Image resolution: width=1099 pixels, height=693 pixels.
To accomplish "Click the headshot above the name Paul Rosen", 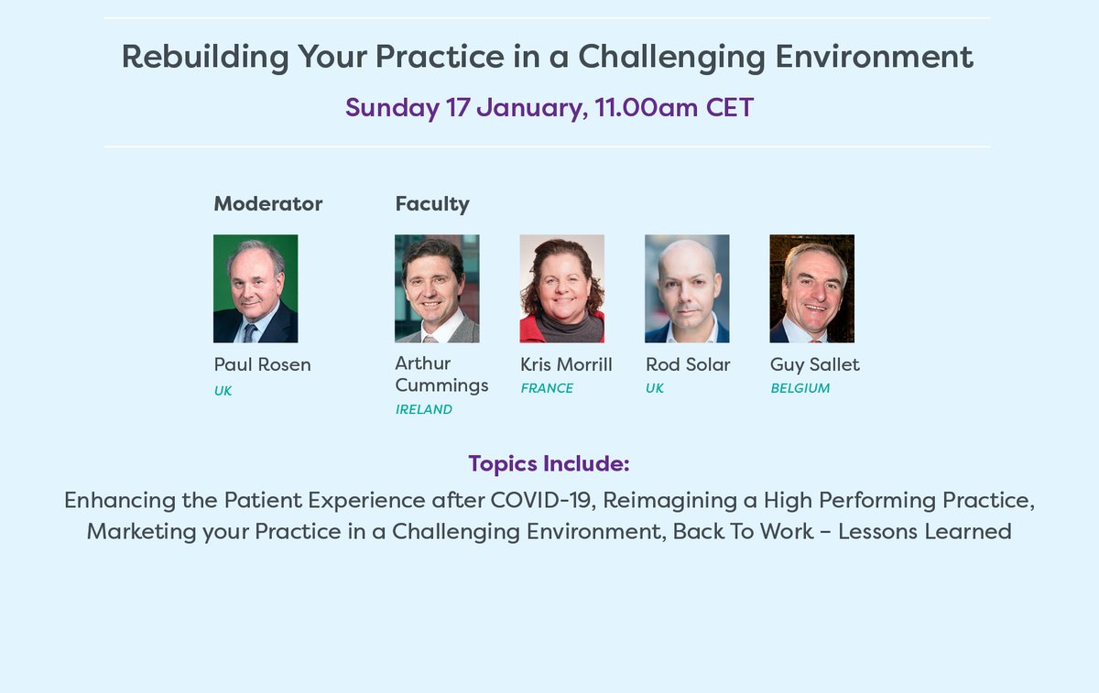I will [256, 288].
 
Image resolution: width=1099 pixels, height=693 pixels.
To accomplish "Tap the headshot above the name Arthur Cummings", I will [437, 288].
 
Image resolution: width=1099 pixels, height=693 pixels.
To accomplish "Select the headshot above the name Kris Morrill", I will [561, 288].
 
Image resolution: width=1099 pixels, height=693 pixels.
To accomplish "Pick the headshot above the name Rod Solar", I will [687, 288].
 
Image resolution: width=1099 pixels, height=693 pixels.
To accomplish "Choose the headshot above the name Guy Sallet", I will [811, 288].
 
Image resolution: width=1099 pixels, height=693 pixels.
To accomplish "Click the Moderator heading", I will [267, 203].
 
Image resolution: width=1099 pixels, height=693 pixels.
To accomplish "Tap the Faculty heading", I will [432, 203].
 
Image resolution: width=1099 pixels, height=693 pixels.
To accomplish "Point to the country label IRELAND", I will [423, 409].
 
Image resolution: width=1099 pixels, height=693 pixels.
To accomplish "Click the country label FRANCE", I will [547, 388].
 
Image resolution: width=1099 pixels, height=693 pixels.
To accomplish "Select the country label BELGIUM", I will [800, 388].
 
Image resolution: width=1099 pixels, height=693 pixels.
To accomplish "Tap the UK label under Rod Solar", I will [655, 388].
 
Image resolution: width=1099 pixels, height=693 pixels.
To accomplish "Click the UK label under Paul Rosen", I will [223, 391].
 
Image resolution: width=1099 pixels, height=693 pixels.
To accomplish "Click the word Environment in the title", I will [874, 57].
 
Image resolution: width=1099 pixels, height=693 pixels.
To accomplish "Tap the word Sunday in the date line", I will [392, 108].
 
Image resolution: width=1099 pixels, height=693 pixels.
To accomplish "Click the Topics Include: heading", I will [549, 463].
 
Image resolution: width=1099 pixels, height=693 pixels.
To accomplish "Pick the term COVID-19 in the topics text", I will [542, 501].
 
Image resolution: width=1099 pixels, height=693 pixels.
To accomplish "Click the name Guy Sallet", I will [814, 364].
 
